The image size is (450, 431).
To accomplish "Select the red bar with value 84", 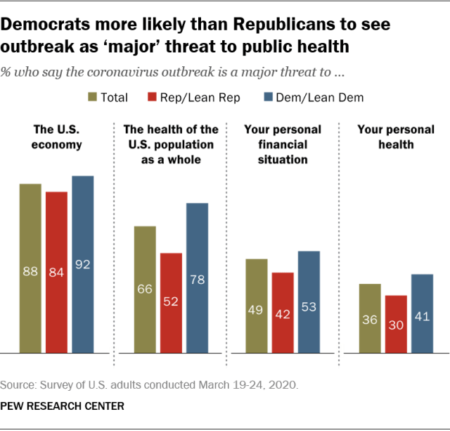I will point(56,272).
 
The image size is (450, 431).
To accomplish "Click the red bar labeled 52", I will point(171,303).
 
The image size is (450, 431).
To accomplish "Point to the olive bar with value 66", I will point(145,289).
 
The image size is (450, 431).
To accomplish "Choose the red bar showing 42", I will point(283,313).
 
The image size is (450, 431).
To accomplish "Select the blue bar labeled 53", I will point(309,301).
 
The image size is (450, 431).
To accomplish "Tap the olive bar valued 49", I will point(257,306).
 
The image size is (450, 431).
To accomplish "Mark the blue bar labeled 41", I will point(422,313).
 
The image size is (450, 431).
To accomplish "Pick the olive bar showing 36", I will point(370,318).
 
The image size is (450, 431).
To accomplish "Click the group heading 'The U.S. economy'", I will point(56,137).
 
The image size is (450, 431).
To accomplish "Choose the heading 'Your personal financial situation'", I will point(283,144).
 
